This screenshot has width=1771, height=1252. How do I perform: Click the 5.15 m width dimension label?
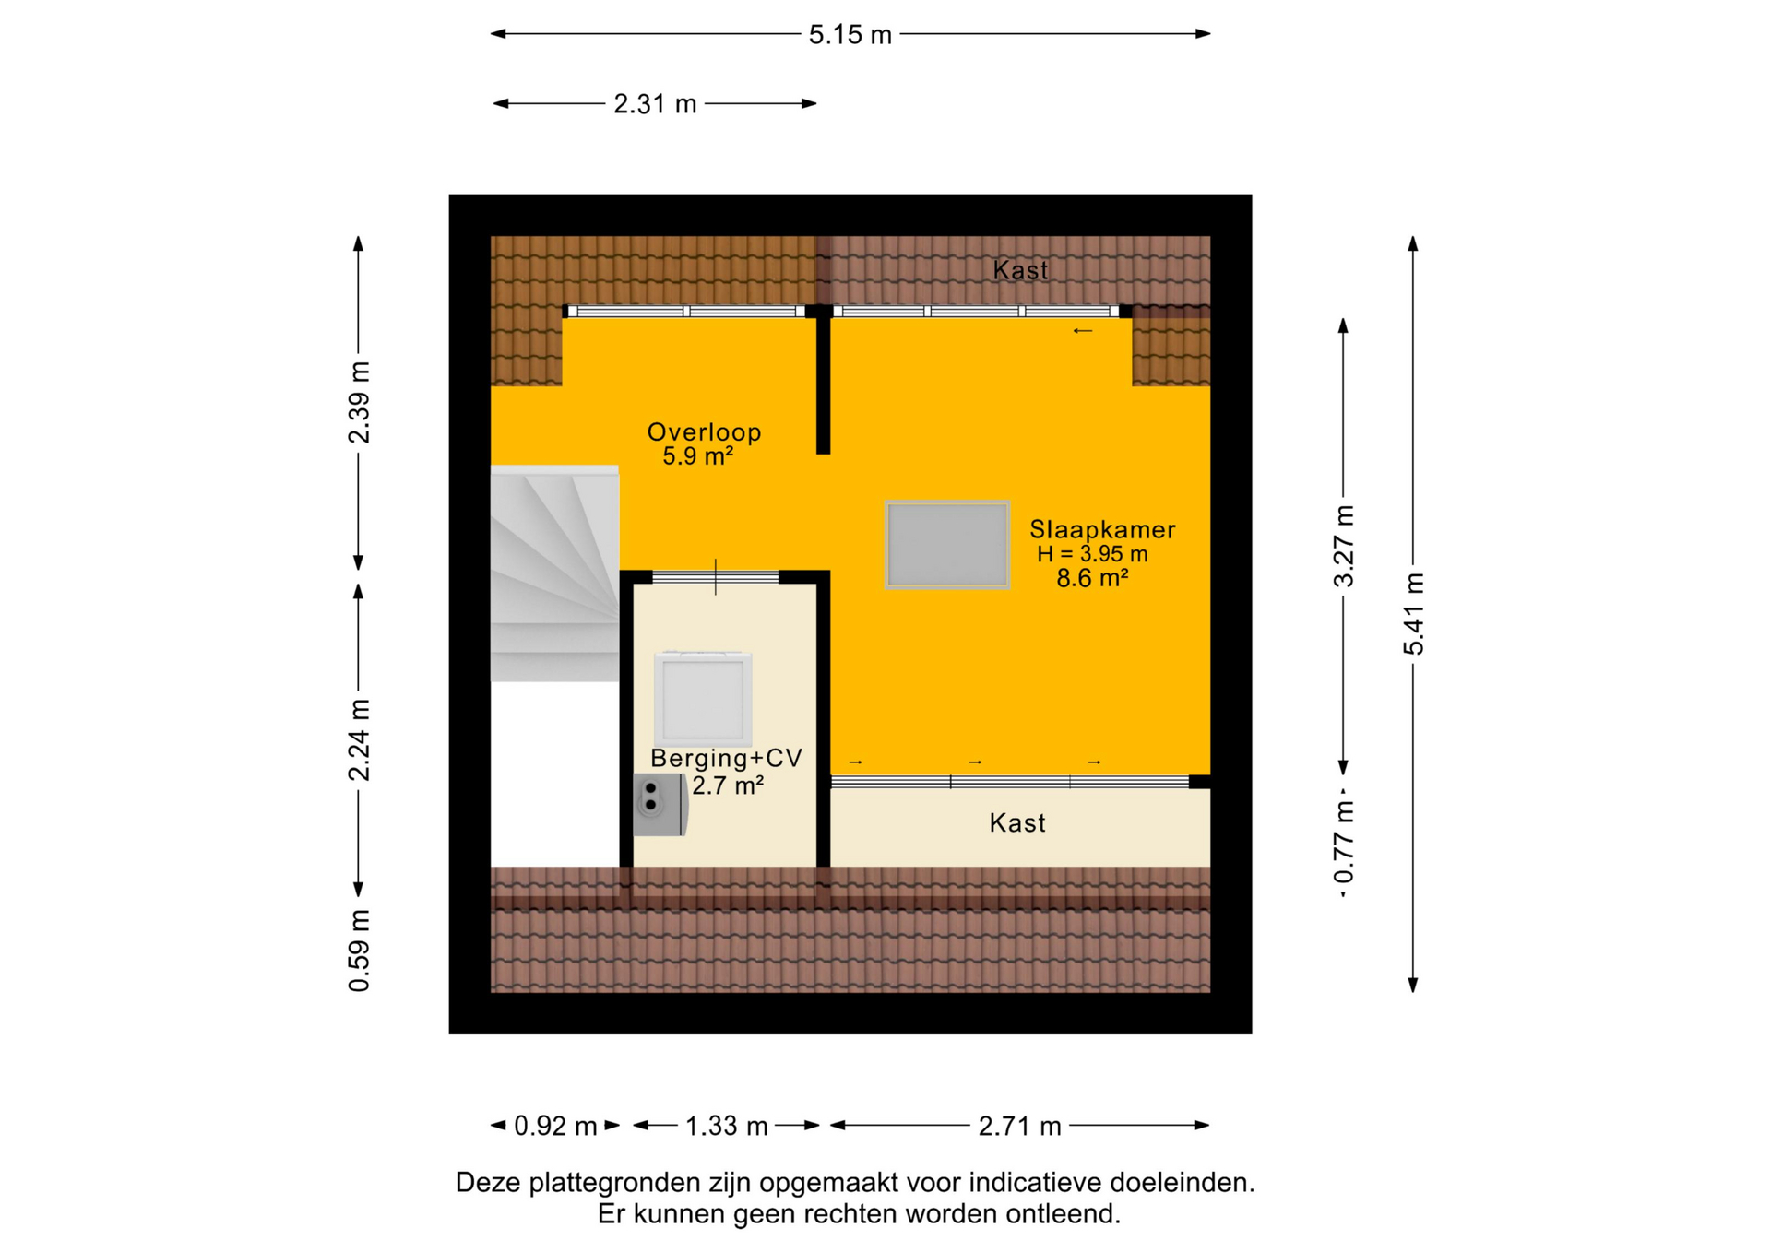(850, 35)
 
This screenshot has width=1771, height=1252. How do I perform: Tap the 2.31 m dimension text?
(655, 104)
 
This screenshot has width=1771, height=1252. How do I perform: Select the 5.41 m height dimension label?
(1413, 613)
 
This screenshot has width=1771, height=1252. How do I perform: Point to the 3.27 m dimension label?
(1343, 546)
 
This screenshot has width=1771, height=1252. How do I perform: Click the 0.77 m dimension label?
(1343, 842)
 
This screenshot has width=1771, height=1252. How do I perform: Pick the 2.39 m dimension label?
(359, 402)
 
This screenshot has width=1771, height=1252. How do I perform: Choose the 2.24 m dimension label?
(359, 739)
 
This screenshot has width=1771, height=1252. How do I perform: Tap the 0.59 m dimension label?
(359, 951)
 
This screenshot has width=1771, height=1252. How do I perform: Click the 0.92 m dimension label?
(555, 1126)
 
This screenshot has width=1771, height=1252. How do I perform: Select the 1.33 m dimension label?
(727, 1126)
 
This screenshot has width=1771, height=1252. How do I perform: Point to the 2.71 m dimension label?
(1019, 1126)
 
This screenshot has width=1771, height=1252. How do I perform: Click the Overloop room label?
(704, 432)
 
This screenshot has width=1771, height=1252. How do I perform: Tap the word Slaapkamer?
(1102, 529)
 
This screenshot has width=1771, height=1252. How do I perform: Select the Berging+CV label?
(727, 759)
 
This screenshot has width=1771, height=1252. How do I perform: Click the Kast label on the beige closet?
(1017, 822)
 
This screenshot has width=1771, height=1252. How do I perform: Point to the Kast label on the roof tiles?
(1020, 270)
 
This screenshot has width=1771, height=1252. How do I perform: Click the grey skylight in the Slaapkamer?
(947, 545)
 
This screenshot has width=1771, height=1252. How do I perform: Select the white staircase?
(554, 573)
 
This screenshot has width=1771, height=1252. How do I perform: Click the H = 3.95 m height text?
(1092, 554)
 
